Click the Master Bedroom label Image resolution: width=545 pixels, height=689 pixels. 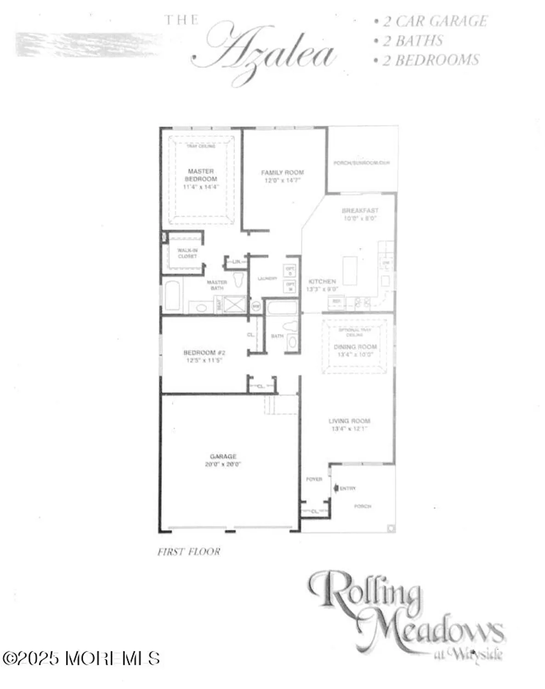201,175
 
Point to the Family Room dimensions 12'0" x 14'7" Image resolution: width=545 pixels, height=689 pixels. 282,181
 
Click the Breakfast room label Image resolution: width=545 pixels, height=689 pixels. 360,210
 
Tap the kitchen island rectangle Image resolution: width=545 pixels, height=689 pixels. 350,271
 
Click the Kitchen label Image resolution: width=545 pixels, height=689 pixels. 322,281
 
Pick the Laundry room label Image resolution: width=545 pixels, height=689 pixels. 267,278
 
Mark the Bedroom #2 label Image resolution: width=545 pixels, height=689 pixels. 204,352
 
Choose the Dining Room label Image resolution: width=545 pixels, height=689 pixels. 355,347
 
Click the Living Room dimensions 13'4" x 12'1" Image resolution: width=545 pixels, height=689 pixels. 349,429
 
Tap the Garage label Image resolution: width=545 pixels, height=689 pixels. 223,456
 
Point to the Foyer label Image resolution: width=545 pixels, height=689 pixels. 314,479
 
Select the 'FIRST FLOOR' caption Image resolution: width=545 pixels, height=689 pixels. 188,552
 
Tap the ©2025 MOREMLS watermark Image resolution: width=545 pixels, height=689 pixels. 81,658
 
